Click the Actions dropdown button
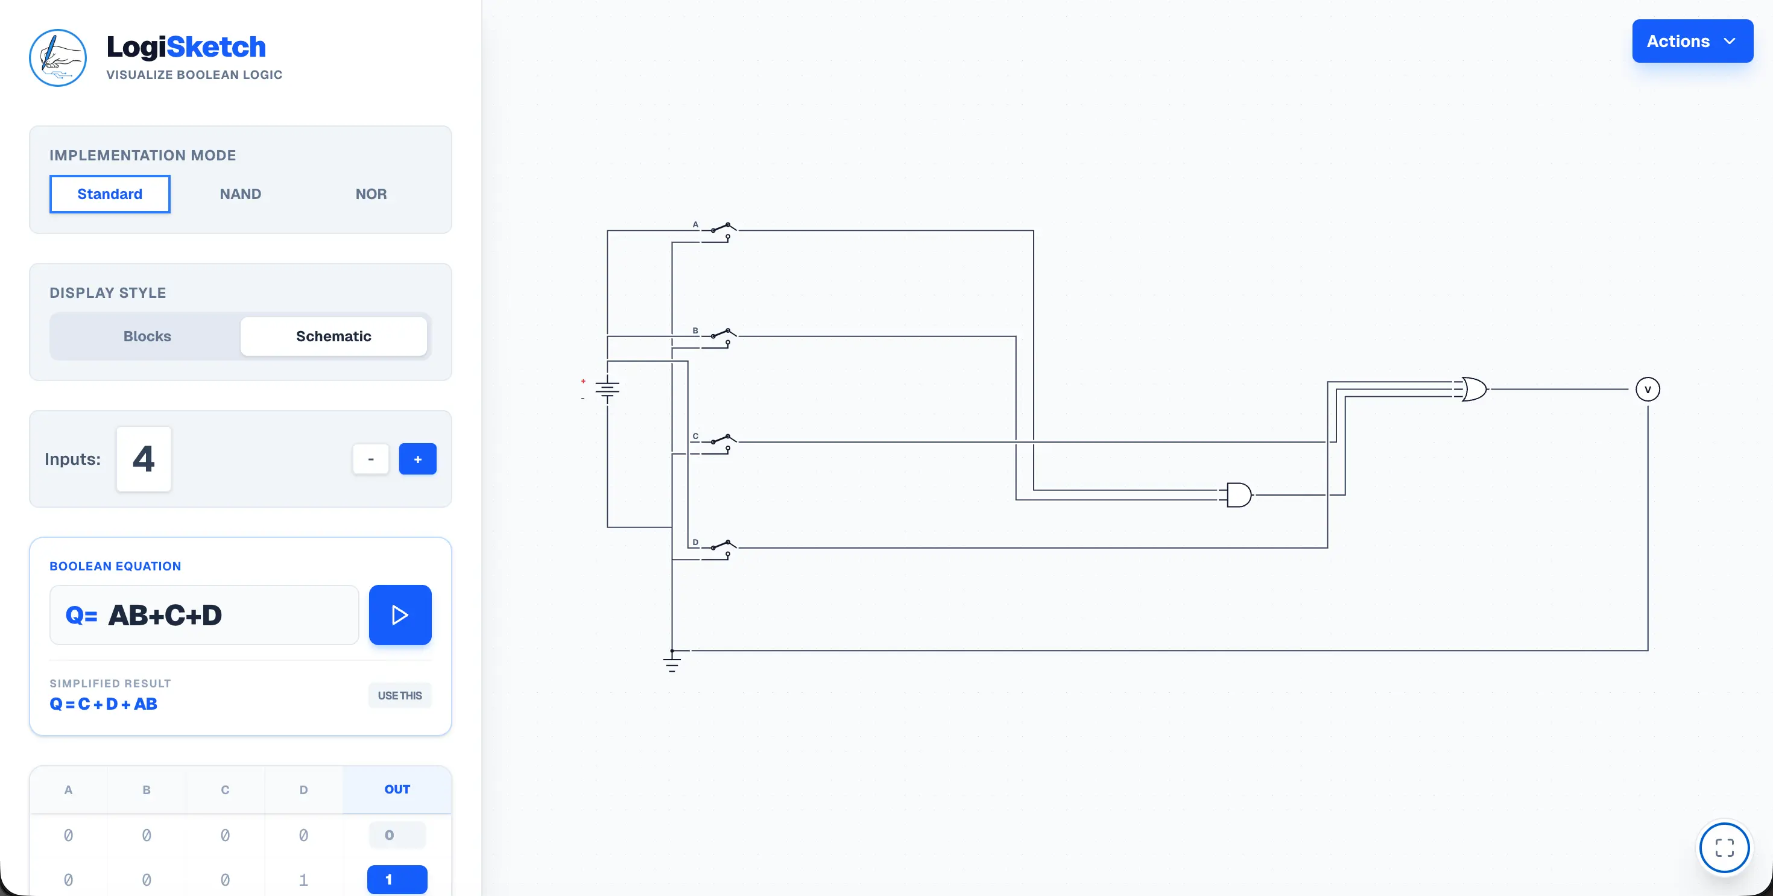point(1692,41)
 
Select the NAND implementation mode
point(240,194)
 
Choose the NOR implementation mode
point(371,194)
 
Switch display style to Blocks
point(147,336)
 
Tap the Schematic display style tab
point(334,336)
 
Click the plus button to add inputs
point(418,459)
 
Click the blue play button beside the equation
point(400,615)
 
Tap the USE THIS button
point(400,696)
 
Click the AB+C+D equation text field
point(204,615)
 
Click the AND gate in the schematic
point(1238,495)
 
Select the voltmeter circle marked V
point(1648,390)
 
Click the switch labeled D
point(719,549)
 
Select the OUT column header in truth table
point(397,789)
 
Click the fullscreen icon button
point(1724,847)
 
